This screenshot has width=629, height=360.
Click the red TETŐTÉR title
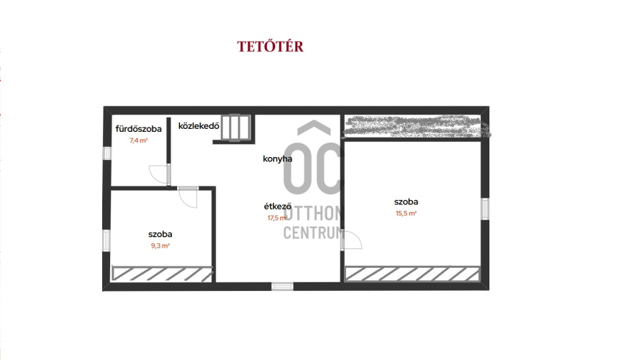(x=271, y=46)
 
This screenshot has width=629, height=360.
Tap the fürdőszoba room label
(x=138, y=129)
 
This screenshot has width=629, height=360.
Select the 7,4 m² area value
(x=138, y=140)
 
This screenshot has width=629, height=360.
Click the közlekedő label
(x=199, y=125)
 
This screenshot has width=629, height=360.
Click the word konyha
(x=278, y=158)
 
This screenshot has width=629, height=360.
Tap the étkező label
(x=278, y=207)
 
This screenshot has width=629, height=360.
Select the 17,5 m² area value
(x=278, y=218)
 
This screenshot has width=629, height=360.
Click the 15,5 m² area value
(x=406, y=213)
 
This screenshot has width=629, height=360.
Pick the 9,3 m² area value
(x=160, y=246)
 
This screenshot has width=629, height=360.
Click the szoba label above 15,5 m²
(x=406, y=202)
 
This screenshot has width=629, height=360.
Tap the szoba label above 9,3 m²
(x=160, y=234)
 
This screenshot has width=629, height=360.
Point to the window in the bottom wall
(x=282, y=286)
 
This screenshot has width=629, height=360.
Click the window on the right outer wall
(x=485, y=209)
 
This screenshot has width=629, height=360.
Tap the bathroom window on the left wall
(x=107, y=153)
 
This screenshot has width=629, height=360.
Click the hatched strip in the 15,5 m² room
(x=412, y=274)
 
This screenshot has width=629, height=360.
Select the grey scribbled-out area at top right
(x=417, y=126)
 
